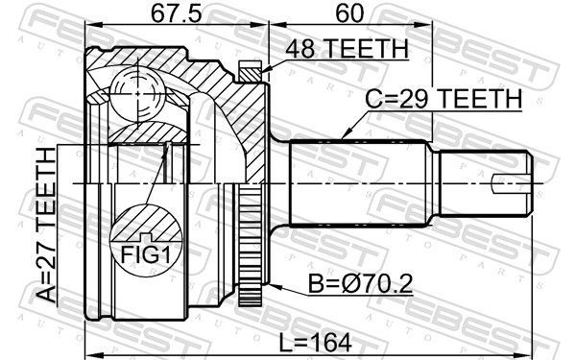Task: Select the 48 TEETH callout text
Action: pyautogui.click(x=348, y=49)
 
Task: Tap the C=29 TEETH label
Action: pyautogui.click(x=444, y=99)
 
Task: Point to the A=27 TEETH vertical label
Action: pyautogui.click(x=47, y=225)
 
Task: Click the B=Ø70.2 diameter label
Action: pyautogui.click(x=360, y=283)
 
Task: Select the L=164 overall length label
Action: pyautogui.click(x=315, y=343)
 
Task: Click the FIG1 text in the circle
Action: pyautogui.click(x=146, y=254)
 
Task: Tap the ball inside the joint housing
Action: pyautogui.click(x=137, y=94)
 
